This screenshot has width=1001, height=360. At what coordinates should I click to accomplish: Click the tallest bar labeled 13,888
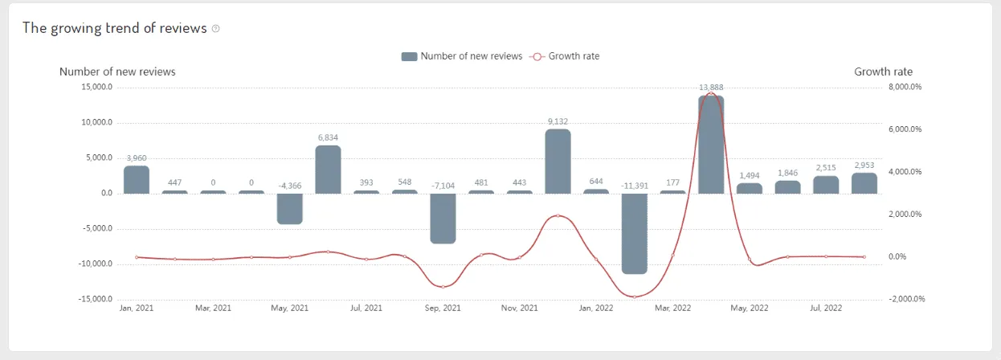(711, 145)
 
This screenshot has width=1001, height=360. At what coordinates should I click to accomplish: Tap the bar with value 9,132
(558, 161)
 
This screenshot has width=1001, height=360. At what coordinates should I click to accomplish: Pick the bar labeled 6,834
(328, 169)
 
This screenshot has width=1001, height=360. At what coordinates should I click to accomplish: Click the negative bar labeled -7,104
(443, 218)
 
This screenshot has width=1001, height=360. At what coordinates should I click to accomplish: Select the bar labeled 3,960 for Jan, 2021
(137, 179)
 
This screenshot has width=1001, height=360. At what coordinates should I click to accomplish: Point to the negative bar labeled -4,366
(289, 208)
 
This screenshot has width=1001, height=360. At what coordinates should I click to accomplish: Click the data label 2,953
(864, 166)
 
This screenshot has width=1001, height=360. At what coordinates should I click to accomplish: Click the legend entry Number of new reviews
(462, 56)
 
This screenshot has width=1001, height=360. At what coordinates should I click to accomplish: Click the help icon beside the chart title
(215, 29)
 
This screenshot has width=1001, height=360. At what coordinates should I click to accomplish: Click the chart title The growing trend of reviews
(115, 28)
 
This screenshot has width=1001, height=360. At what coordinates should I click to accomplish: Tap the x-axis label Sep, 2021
(443, 309)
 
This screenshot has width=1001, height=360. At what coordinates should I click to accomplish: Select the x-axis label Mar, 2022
(672, 309)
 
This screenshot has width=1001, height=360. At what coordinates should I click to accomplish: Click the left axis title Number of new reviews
(117, 72)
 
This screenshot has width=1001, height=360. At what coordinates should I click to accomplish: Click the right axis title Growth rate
(883, 72)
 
